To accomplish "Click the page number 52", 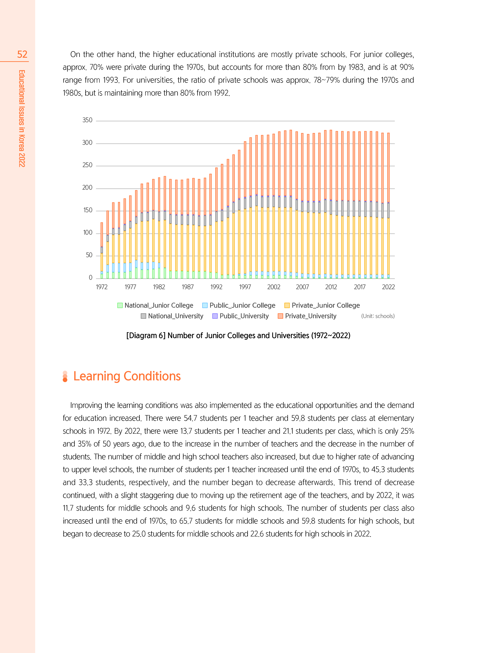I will (x=22, y=54).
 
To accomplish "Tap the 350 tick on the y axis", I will (x=87, y=120).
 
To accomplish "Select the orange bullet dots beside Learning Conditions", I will (x=65, y=376).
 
